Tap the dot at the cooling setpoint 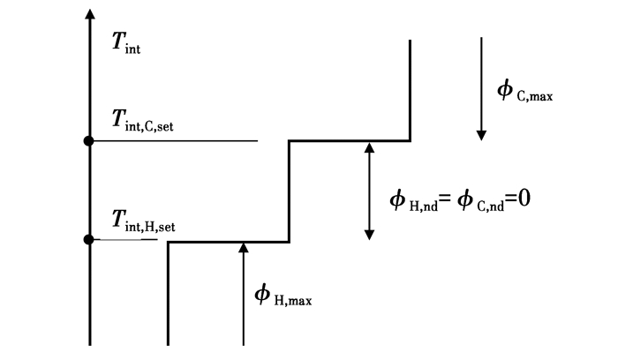(88, 141)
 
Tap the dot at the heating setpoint (88, 239)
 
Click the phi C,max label (524, 90)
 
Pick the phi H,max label (283, 296)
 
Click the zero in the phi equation (523, 199)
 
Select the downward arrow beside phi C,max (481, 88)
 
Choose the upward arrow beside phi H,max (244, 296)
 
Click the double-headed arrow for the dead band (369, 191)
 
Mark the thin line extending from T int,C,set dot (177, 141)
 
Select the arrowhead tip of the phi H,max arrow (244, 247)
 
